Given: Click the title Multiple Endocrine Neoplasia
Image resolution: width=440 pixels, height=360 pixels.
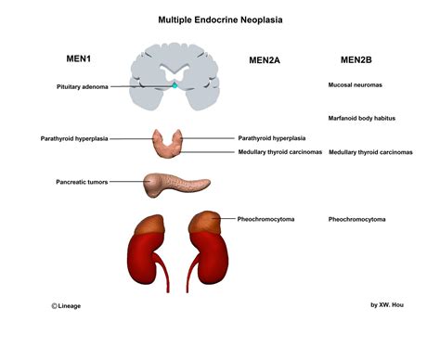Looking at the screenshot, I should coord(219,18).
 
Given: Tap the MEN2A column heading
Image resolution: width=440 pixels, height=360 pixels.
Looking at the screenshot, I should coord(265,61).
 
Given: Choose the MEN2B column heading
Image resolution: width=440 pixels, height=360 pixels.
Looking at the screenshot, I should coord(356,60).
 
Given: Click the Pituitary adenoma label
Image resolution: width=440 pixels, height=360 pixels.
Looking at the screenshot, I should coord(82,87).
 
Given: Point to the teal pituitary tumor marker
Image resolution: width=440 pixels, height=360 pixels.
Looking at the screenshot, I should coord(174,87).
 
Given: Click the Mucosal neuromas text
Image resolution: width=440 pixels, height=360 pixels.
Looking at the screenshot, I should coord(356,84).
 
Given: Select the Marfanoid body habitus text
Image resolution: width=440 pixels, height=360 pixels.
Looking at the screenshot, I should coord(363,118).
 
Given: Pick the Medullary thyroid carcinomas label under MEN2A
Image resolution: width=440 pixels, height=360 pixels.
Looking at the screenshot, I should coord(279,152).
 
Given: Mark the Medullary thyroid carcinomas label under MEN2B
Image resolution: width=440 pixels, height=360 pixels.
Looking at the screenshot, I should coord(371,152).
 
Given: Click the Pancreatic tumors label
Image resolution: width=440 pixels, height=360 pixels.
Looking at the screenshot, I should coord(85,182).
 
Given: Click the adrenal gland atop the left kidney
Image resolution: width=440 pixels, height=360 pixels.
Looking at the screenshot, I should coord(148,223).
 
